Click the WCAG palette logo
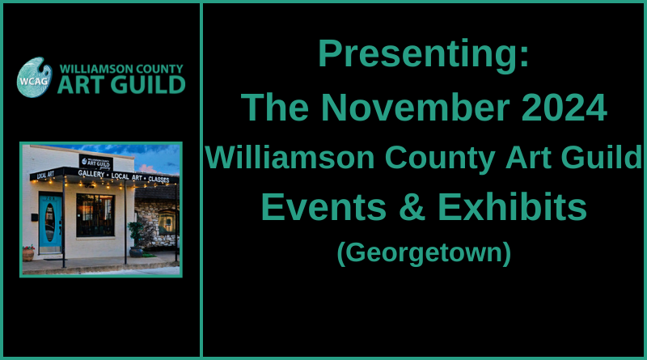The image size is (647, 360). pos(35,77)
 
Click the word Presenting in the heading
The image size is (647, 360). pos(419,53)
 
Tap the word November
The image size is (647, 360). pos(416,108)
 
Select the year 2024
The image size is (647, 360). pos(564,108)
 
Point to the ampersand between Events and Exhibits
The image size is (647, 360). pos(412,207)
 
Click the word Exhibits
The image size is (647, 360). pos(512,206)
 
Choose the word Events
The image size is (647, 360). pos(324,207)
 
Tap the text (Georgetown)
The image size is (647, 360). pos(424,252)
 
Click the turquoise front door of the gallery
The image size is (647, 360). pos(50,223)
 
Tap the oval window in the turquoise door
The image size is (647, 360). pos(50,222)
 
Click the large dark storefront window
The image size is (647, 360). pos(95,215)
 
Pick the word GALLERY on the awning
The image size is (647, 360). pos(91,174)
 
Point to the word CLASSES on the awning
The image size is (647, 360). pos(159,179)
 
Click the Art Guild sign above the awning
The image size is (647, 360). pos(96,163)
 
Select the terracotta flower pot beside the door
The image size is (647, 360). pos(28,253)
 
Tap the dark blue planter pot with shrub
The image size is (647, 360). pos(136,252)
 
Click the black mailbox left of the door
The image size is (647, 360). pos(35,217)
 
